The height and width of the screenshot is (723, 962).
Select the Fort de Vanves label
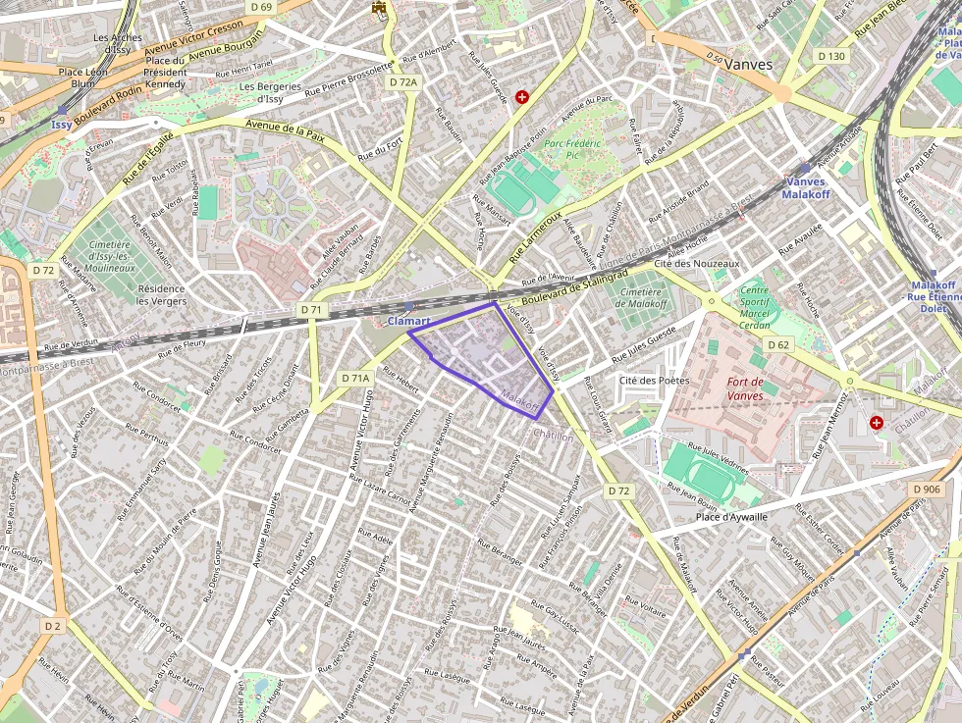(746, 387)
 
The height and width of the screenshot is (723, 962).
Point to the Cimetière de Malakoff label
(640, 297)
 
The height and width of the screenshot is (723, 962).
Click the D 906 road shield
(926, 489)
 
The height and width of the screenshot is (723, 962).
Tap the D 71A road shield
(356, 378)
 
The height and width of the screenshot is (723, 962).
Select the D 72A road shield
(403, 82)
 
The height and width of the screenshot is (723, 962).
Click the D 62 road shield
(778, 344)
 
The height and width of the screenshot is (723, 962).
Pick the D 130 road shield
(830, 56)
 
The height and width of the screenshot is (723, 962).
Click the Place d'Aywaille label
(731, 517)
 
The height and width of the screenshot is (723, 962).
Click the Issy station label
(62, 126)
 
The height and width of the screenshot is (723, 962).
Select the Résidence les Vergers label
(163, 294)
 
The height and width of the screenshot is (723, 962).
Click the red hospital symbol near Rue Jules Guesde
(522, 96)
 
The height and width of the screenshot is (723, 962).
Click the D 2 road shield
(52, 625)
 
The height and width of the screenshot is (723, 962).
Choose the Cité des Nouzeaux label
(696, 264)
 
